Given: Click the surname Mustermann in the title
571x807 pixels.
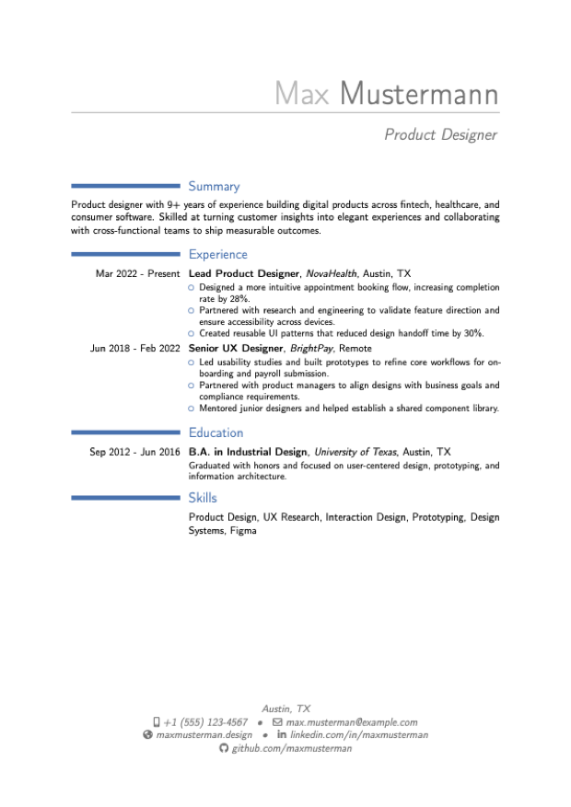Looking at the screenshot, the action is (x=419, y=94).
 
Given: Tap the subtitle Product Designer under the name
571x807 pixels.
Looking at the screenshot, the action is (x=441, y=135).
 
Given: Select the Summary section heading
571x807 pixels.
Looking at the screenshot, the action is (x=215, y=186).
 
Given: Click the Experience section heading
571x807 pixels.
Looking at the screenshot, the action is (x=217, y=254).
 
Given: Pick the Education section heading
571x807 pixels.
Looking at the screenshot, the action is (x=216, y=432).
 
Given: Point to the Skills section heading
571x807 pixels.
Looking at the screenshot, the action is (x=203, y=498).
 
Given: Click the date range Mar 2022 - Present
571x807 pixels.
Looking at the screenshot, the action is (x=137, y=274).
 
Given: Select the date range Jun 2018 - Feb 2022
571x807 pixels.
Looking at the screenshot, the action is (x=134, y=349).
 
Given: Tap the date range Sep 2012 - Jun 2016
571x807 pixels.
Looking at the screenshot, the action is (x=134, y=452).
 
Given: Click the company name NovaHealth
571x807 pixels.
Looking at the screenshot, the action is (x=331, y=274).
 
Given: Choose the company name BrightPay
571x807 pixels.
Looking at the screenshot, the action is (x=311, y=349).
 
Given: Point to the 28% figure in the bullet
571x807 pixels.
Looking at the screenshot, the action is (x=239, y=299).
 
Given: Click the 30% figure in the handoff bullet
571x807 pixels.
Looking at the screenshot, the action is (x=473, y=333).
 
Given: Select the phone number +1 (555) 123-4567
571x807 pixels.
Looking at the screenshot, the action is (x=205, y=722).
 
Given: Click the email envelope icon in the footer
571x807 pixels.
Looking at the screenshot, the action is (x=277, y=722).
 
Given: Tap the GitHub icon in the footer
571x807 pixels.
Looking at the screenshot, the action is (x=224, y=748).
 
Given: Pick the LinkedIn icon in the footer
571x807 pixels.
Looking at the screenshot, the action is (x=282, y=734).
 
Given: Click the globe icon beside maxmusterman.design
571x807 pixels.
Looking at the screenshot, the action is (x=147, y=735).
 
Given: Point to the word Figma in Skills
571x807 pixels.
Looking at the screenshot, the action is (x=243, y=531).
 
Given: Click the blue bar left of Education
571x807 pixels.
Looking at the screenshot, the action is (x=125, y=432).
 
